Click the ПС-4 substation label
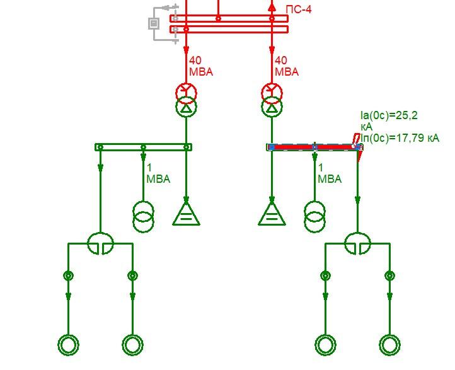click(x=299, y=9)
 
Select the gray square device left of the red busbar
click(x=154, y=23)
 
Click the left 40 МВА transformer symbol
click(x=187, y=100)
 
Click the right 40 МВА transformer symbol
click(x=272, y=100)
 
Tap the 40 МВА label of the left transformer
click(x=201, y=66)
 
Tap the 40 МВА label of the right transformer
click(x=287, y=66)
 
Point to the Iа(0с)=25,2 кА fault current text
click(x=389, y=121)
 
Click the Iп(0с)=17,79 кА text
click(x=400, y=138)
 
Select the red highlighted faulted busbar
click(x=314, y=147)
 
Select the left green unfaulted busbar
click(x=143, y=147)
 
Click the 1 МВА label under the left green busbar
click(x=158, y=173)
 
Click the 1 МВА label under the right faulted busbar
click(x=330, y=173)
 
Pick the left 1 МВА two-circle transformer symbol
click(x=143, y=217)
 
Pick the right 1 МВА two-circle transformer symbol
click(x=315, y=217)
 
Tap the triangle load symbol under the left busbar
click(x=187, y=214)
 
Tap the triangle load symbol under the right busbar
click(x=272, y=214)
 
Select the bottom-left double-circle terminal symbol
click(x=69, y=345)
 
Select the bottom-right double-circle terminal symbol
click(x=389, y=345)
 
